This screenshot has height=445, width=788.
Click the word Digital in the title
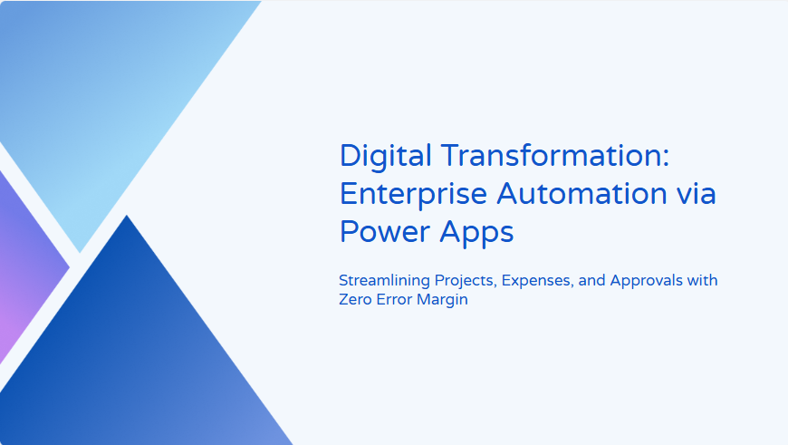pyautogui.click(x=386, y=156)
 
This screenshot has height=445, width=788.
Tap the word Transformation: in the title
pyautogui.click(x=556, y=155)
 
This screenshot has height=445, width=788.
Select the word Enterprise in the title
pyautogui.click(x=414, y=195)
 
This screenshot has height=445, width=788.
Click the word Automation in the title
pyautogui.click(x=581, y=194)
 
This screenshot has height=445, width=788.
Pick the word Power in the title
pyautogui.click(x=385, y=232)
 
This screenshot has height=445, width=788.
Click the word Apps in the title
pyautogui.click(x=476, y=233)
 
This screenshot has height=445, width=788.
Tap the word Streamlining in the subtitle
pyautogui.click(x=384, y=281)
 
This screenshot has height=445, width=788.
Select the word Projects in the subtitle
pyautogui.click(x=466, y=281)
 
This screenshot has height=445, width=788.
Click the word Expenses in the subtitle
pyautogui.click(x=537, y=281)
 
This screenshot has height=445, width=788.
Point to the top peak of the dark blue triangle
pyautogui.click(x=127, y=216)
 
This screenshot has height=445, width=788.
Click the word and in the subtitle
pyautogui.click(x=591, y=280)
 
